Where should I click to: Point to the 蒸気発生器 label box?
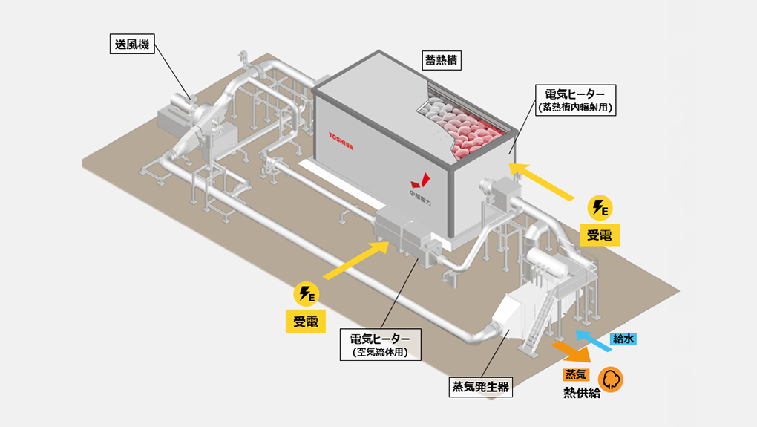point(481,386)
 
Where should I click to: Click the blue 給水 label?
point(623,339)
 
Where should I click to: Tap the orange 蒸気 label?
point(575,374)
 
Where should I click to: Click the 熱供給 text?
point(582,393)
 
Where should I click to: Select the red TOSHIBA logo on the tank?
point(341,141)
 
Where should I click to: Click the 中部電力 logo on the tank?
point(422,186)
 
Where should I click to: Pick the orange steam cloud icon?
point(611,379)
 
